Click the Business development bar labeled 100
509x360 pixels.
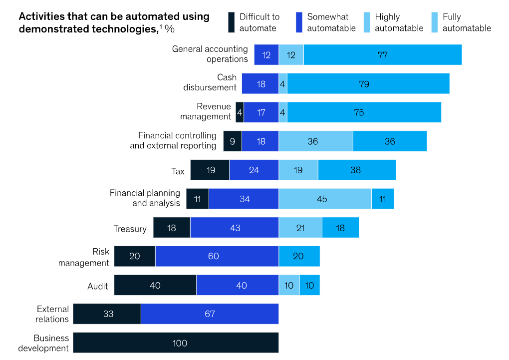coord(176,343)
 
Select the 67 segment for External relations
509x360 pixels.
coord(210,314)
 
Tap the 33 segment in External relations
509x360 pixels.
coord(107,314)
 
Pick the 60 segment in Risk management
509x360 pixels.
coord(217,256)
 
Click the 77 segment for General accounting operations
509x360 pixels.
coord(382,54)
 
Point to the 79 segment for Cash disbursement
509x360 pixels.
coord(368,83)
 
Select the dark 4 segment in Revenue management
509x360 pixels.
coord(240,112)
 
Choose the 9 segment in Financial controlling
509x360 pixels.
coord(233,141)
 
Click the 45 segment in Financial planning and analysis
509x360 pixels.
coord(325,199)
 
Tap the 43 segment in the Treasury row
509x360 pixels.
coord(235,228)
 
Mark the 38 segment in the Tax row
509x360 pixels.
coord(356,170)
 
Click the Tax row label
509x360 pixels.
coord(178,171)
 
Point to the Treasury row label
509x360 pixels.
coord(130,229)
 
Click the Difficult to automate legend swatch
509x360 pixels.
coord(231,22)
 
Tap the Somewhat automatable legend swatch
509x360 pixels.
coord(299,22)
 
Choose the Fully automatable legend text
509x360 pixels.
coord(467,22)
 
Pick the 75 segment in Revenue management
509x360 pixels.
coord(364,112)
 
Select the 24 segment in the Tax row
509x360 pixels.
coord(254,170)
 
